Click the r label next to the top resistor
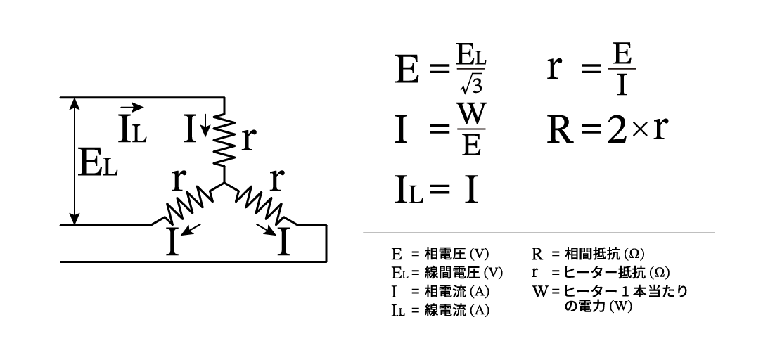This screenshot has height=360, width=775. tap(248, 139)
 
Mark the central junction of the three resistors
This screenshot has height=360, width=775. tap(224, 185)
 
